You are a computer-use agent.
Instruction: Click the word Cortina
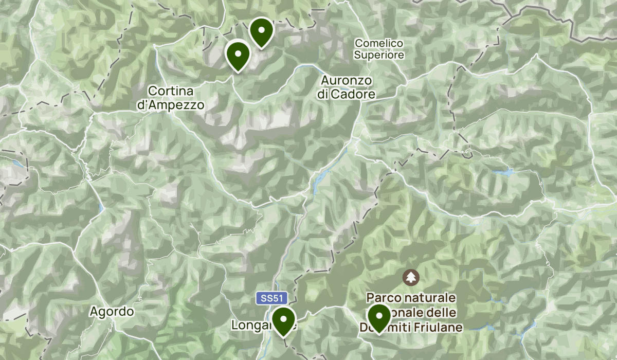pos(171,91)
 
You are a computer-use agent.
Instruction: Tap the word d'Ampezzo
pos(171,105)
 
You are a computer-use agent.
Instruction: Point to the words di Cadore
pos(347,95)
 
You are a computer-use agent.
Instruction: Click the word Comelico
pos(379,44)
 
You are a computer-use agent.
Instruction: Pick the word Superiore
pos(379,55)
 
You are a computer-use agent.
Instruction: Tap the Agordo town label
pos(112,312)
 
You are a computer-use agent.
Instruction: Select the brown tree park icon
pos(411,278)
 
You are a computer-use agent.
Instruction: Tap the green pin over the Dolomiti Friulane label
pos(379,317)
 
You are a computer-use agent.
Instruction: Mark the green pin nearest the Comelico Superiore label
pos(261,31)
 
